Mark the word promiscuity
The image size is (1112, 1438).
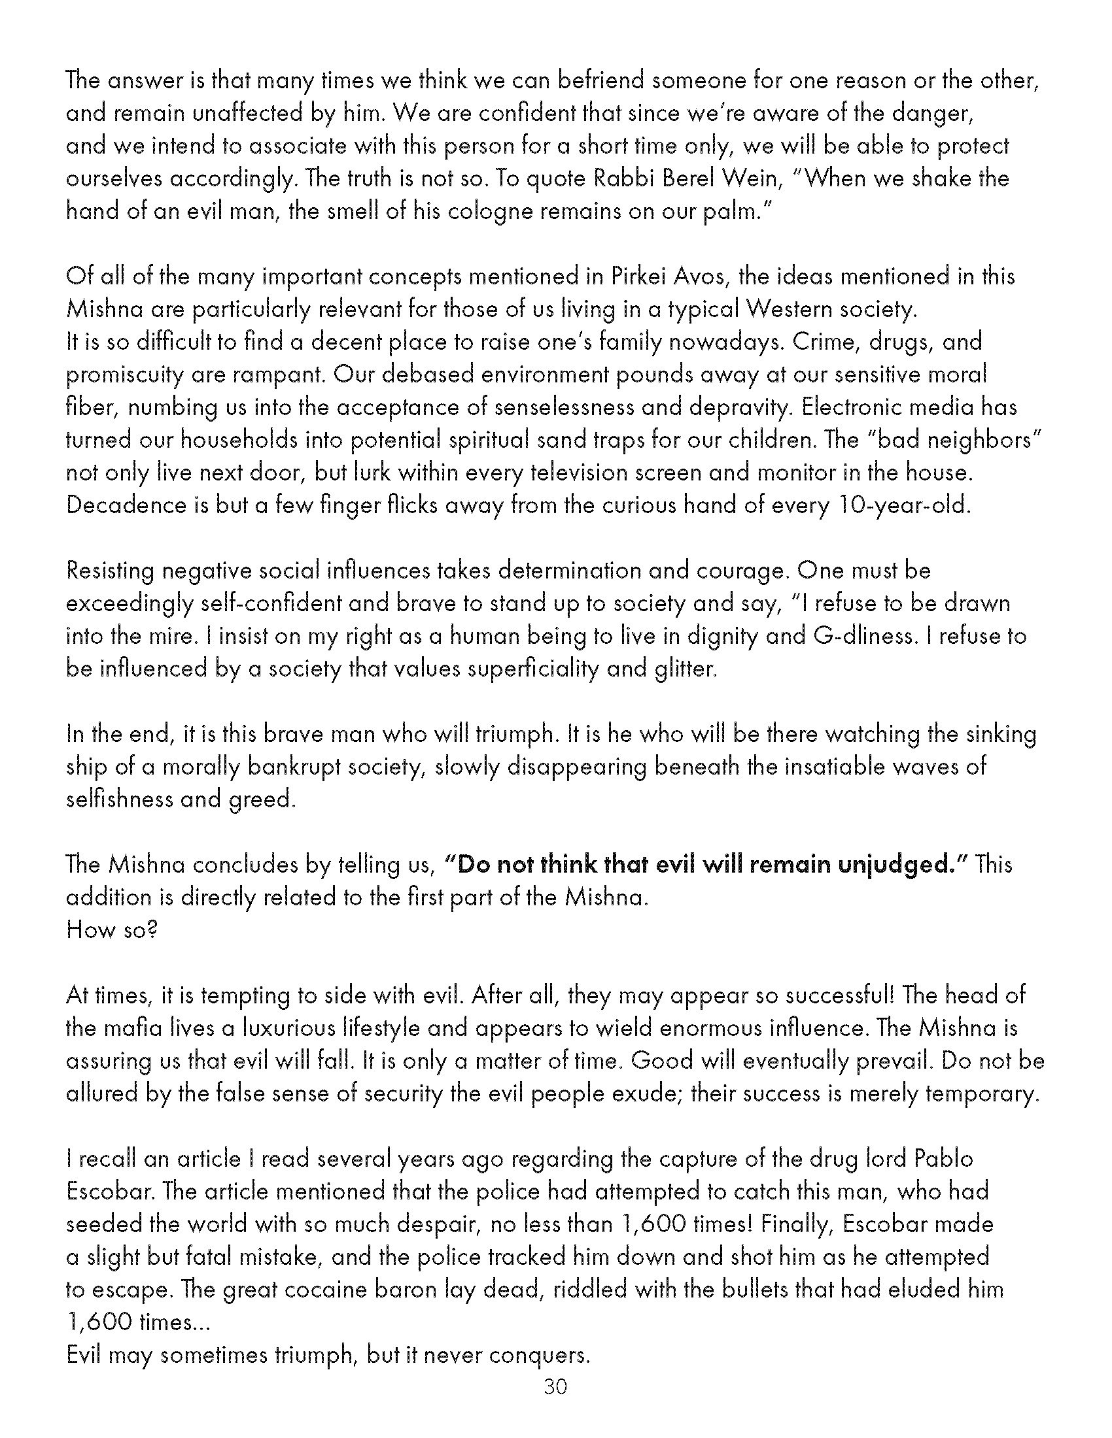click(x=123, y=375)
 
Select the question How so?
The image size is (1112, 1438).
click(x=112, y=929)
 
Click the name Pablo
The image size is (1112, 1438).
click(x=943, y=1159)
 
